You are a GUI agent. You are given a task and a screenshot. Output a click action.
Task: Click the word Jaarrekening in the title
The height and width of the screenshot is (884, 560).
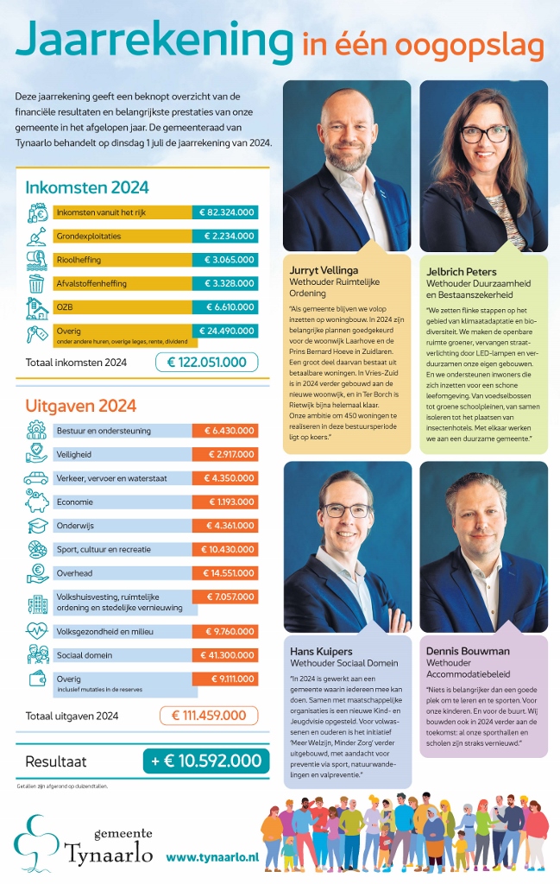point(154,42)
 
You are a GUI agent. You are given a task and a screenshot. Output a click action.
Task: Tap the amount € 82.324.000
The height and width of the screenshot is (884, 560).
point(224,212)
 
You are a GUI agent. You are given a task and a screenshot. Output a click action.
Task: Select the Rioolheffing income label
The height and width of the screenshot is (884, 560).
point(78,259)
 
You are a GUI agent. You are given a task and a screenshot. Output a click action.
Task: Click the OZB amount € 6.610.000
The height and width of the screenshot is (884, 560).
point(224,306)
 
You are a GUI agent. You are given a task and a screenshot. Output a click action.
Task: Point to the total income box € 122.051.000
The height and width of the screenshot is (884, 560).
point(206,363)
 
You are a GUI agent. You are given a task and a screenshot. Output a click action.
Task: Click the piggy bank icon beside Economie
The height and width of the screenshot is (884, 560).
point(36,502)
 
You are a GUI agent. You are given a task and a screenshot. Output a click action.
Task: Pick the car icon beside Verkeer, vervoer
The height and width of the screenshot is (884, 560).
point(36,477)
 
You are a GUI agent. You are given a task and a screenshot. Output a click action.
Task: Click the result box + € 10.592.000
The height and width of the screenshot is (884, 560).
point(200,761)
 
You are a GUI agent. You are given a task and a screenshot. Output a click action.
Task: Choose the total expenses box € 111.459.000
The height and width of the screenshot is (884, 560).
point(209,715)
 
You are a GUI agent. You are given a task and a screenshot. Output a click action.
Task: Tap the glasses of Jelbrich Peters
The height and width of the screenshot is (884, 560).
point(484,135)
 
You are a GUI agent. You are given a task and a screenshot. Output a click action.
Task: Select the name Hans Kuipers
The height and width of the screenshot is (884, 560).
point(322,650)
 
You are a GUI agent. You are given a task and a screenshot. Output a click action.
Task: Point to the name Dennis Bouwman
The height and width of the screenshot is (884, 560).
point(468,651)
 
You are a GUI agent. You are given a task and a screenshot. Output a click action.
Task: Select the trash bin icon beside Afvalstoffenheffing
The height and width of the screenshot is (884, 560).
point(36,282)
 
